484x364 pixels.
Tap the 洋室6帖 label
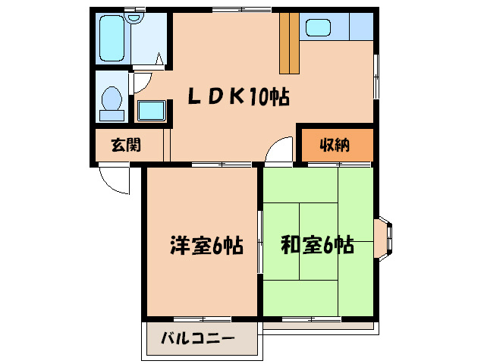tap(206, 246)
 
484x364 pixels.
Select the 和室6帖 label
tap(317, 246)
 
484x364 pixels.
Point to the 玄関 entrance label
tap(127, 144)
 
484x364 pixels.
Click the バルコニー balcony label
tap(197, 339)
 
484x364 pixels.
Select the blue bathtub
tap(116, 40)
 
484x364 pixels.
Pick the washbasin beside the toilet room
tap(152, 111)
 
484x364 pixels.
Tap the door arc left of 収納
tap(279, 149)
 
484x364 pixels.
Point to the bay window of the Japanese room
tap(385, 240)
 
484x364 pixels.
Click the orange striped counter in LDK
tap(289, 42)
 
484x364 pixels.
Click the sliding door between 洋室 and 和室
tap(259, 241)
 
